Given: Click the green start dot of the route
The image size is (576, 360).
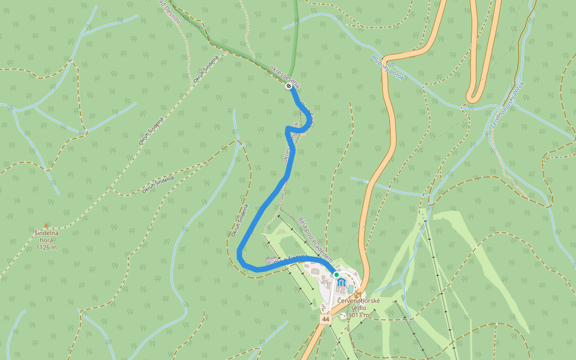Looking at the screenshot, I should pyautogui.click(x=337, y=274).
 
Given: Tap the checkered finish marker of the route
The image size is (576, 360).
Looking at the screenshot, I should pyautogui.click(x=289, y=86).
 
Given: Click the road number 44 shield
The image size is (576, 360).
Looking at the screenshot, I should pyautogui.click(x=325, y=319).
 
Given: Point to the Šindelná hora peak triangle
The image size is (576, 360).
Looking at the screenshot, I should pyautogui.click(x=46, y=226).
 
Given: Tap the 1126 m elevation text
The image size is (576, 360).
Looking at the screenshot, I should pyautogui.click(x=46, y=247).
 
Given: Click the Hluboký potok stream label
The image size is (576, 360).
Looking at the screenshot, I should pyautogui.click(x=388, y=68).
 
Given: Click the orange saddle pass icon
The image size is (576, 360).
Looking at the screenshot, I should pyautogui.click(x=358, y=294).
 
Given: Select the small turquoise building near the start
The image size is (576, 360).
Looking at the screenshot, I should pyautogui.click(x=350, y=290).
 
